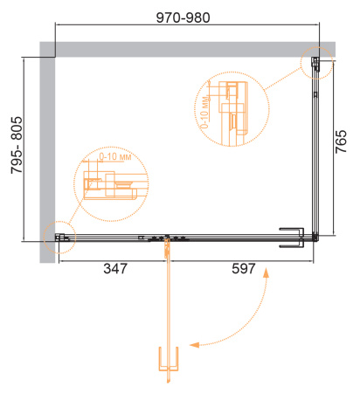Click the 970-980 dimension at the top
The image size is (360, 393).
pos(183,17)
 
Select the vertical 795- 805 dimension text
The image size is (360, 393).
pos(17,145)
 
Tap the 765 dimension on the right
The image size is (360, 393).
pos(341,141)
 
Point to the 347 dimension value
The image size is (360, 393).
pos(115,268)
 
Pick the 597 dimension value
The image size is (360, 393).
pos(244,268)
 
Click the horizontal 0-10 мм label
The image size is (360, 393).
pos(115,156)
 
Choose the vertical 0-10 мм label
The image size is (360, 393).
pos(204,112)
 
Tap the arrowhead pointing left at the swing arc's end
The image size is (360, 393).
pos(194,345)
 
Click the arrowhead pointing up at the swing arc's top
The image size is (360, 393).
pos(266,273)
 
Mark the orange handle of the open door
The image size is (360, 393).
pos(169,359)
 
